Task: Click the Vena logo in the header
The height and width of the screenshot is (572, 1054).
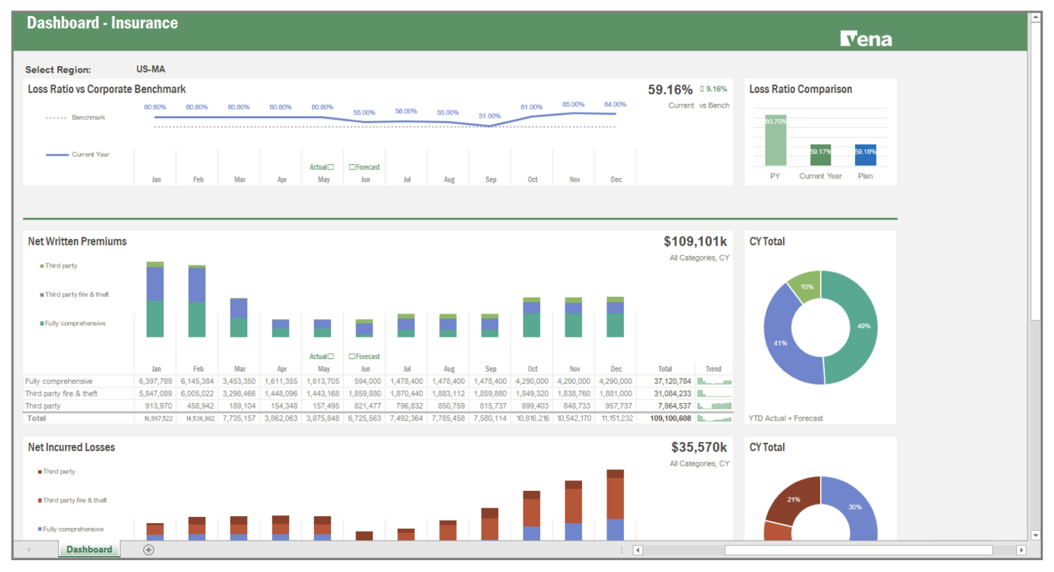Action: (x=866, y=39)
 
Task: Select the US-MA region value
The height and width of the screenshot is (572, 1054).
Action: (x=151, y=69)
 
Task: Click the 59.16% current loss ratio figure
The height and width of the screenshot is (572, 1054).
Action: (x=669, y=90)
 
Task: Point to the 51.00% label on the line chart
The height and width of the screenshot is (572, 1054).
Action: (x=489, y=116)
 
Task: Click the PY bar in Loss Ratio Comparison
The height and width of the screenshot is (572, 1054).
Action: (x=775, y=140)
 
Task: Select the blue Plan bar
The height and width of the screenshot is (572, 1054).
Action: (x=865, y=155)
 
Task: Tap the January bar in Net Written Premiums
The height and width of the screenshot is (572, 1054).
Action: (x=155, y=300)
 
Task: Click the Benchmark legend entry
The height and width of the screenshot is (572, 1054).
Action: (x=88, y=117)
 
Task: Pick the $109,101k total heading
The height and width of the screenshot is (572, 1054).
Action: (x=695, y=242)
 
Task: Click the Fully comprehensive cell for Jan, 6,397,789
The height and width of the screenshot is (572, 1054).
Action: (x=155, y=381)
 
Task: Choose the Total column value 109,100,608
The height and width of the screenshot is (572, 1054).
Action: (x=670, y=418)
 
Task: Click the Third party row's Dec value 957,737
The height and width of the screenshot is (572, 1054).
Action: (x=618, y=406)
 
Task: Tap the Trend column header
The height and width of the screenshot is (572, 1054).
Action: (x=713, y=369)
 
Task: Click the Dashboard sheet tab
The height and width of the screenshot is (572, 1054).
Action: (x=89, y=550)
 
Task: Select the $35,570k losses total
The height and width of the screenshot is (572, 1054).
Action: (x=698, y=448)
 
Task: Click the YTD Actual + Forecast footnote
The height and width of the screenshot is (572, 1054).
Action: (x=785, y=418)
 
